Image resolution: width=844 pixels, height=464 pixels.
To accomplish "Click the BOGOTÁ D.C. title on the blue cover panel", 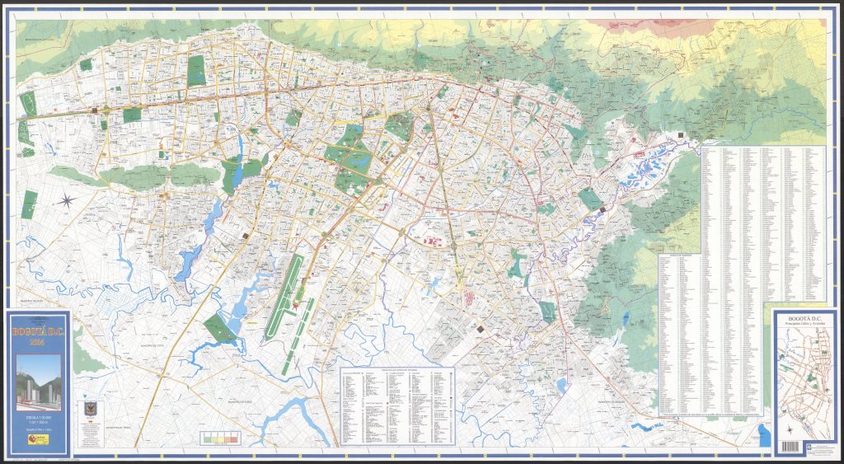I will pos(39,333).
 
